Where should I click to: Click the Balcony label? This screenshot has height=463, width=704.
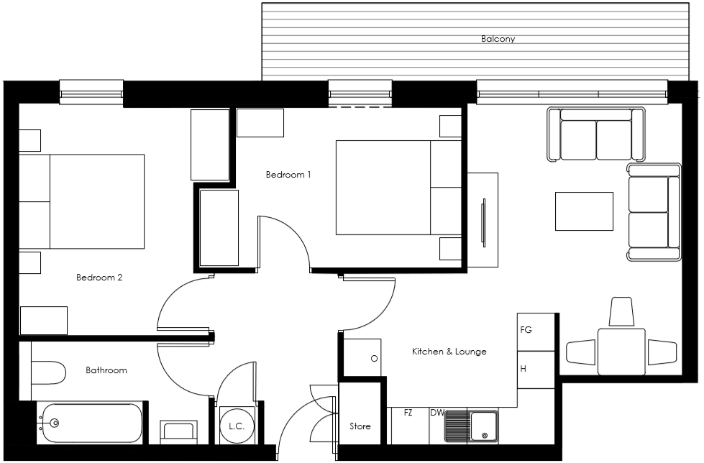click(498, 39)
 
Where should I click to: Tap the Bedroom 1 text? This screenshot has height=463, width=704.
click(288, 175)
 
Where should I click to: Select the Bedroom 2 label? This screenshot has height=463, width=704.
click(99, 277)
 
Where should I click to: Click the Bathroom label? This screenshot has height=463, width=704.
click(106, 370)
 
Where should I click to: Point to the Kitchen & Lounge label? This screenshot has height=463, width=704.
click(449, 352)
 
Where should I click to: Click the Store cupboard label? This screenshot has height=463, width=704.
click(360, 426)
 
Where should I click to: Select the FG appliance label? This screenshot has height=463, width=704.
click(526, 330)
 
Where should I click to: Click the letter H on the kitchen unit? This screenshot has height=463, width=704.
click(524, 369)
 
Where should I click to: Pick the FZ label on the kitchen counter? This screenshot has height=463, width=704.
click(408, 413)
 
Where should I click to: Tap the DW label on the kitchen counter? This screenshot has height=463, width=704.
click(436, 413)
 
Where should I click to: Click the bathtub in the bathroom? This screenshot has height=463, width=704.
click(90, 423)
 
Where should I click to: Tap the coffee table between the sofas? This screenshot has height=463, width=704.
click(584, 211)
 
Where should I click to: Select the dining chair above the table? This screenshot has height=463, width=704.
click(621, 312)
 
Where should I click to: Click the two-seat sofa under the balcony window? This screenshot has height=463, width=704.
click(595, 135)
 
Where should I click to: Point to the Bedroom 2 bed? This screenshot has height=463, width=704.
click(82, 201)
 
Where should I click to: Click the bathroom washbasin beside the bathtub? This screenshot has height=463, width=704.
click(178, 431)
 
